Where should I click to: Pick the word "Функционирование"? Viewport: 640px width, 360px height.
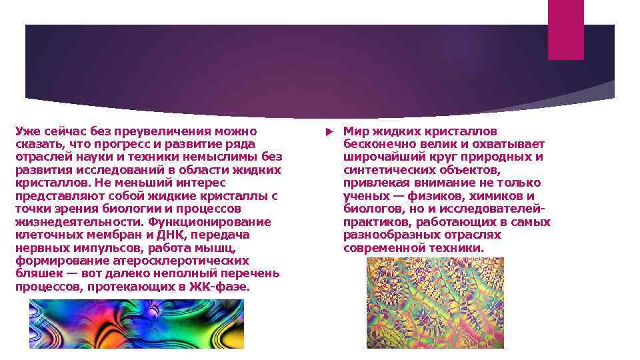(209, 222)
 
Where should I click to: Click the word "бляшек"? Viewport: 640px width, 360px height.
(37, 274)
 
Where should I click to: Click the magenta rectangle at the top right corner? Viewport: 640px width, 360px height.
(565, 29)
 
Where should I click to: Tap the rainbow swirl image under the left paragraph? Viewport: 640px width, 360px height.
(136, 323)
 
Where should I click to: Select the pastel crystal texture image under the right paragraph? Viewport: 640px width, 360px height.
(435, 303)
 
